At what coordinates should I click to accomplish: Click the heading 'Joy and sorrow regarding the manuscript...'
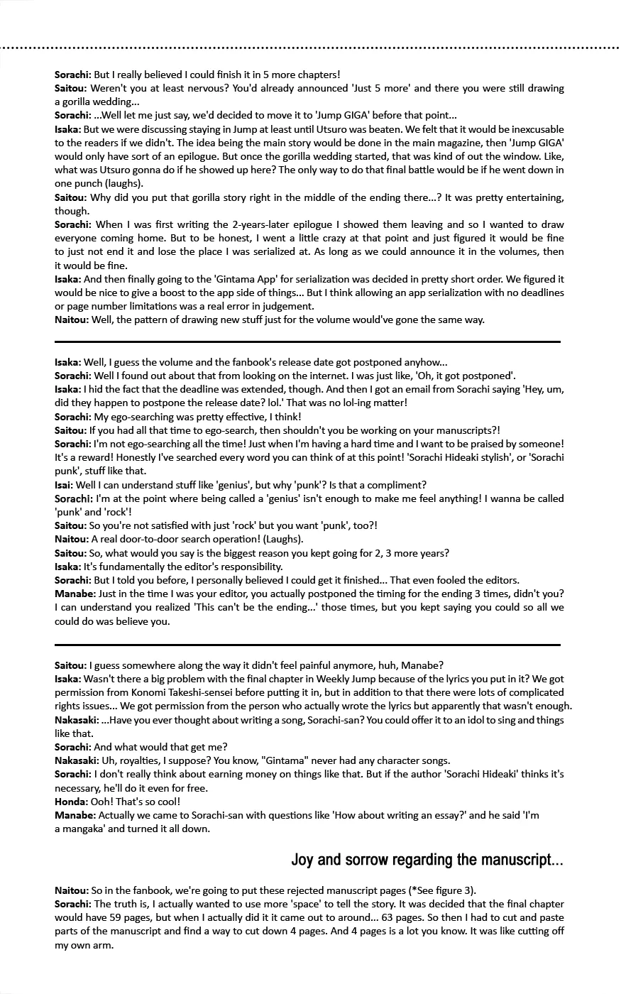point(427,861)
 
